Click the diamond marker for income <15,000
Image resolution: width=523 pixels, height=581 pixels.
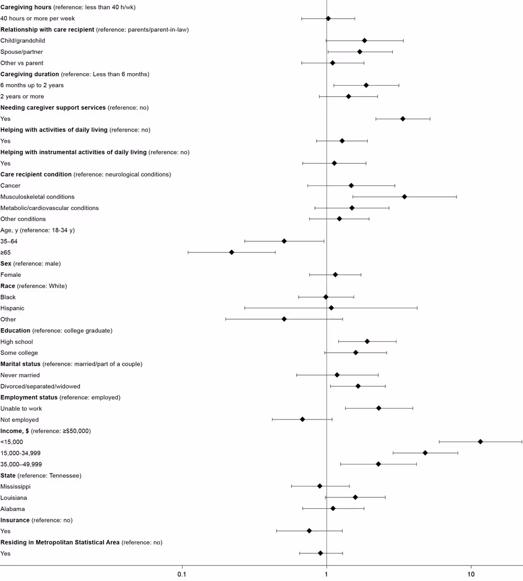point(480,442)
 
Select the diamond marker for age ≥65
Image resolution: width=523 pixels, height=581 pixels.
point(232,252)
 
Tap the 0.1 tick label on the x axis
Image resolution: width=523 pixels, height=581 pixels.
point(182,574)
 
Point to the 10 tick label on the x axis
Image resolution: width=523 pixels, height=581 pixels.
point(471,574)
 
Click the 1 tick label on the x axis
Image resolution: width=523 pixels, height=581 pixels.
point(326,574)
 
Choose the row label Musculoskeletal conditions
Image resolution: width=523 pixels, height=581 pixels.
point(38,197)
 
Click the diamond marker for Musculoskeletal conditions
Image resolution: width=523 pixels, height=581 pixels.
point(404,197)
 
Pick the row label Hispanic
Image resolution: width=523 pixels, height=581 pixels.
point(13,308)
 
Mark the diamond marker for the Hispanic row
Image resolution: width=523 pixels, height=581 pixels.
point(331,308)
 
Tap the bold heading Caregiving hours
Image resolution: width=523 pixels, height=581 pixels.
point(26,7)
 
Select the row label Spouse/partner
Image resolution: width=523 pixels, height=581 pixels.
point(22,52)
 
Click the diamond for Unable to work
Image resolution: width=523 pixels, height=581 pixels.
point(379,408)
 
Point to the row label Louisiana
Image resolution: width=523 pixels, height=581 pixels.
point(14,498)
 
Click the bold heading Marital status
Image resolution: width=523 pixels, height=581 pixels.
point(20,364)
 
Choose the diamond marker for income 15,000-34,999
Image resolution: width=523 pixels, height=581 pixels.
point(425,453)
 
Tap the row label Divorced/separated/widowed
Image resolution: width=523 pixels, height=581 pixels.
point(40,386)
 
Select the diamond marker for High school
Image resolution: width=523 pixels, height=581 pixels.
point(367,342)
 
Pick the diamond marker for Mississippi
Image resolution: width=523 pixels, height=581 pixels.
point(320,486)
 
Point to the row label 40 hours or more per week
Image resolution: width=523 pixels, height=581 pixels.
point(38,18)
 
